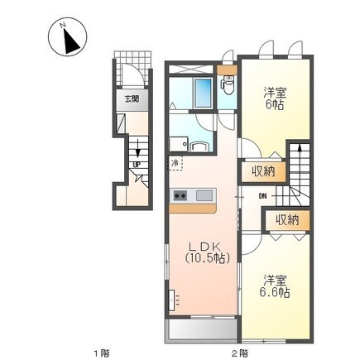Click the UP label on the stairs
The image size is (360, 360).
click(135, 164)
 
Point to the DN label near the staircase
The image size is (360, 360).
click(262, 196)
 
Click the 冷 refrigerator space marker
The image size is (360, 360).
click(175, 163)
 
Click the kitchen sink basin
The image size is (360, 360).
click(204, 196)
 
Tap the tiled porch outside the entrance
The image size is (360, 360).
click(133, 69)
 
